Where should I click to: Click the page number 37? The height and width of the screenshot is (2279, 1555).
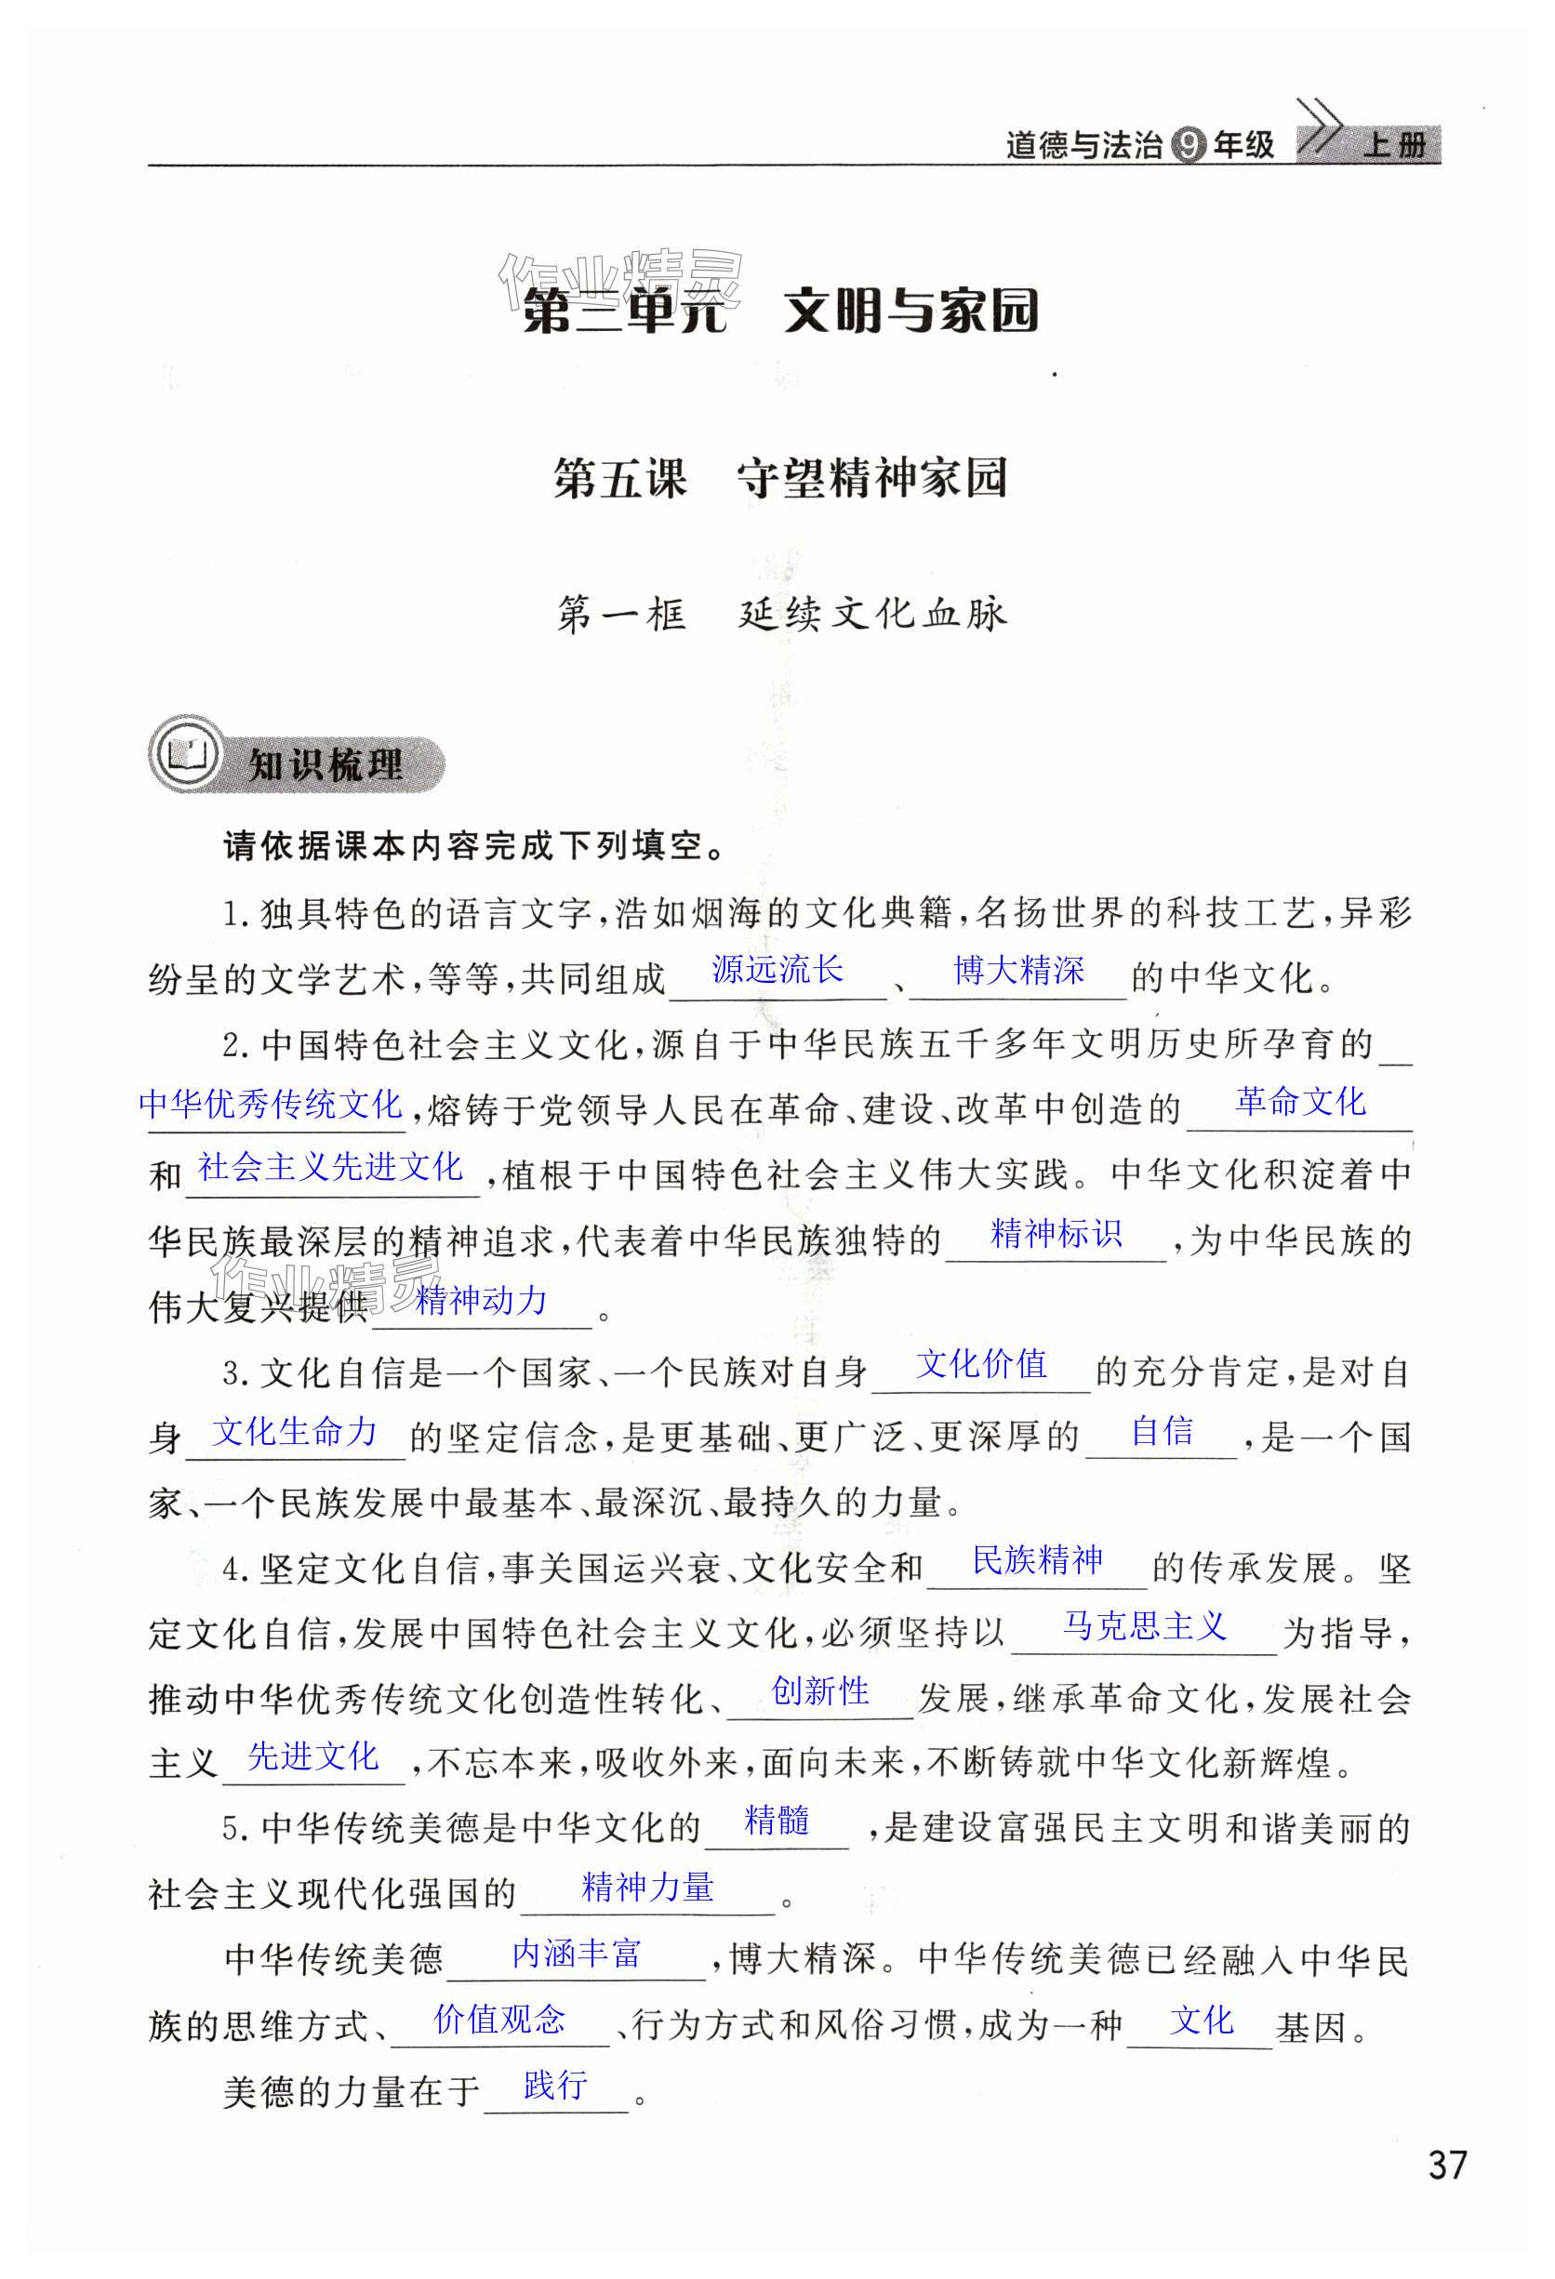pyautogui.click(x=1447, y=2164)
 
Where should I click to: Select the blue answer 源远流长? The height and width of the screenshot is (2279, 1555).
pyautogui.click(x=777, y=969)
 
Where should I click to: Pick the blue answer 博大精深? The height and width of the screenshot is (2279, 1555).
pyautogui.click(x=1018, y=970)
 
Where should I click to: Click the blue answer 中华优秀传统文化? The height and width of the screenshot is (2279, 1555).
pyautogui.click(x=271, y=1103)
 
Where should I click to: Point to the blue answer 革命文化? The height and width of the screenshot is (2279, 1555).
pyautogui.click(x=1300, y=1101)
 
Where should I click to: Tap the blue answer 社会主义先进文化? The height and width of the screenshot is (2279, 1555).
pyautogui.click(x=329, y=1166)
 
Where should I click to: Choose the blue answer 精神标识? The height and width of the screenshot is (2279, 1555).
pyautogui.click(x=1056, y=1233)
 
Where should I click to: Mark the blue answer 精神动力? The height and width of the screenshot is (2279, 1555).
pyautogui.click(x=481, y=1300)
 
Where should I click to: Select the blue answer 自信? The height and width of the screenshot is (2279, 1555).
pyautogui.click(x=1162, y=1431)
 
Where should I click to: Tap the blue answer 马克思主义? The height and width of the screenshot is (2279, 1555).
pyautogui.click(x=1144, y=1626)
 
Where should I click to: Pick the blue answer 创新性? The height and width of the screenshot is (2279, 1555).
pyautogui.click(x=820, y=1690)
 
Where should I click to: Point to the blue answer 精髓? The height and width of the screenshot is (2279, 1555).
pyautogui.click(x=777, y=1820)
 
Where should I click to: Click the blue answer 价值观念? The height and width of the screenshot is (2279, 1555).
pyautogui.click(x=499, y=2018)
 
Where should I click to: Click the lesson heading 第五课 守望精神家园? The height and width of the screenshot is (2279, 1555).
pyautogui.click(x=780, y=479)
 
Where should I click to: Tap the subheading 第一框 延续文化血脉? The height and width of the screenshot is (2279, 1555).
pyautogui.click(x=781, y=614)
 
